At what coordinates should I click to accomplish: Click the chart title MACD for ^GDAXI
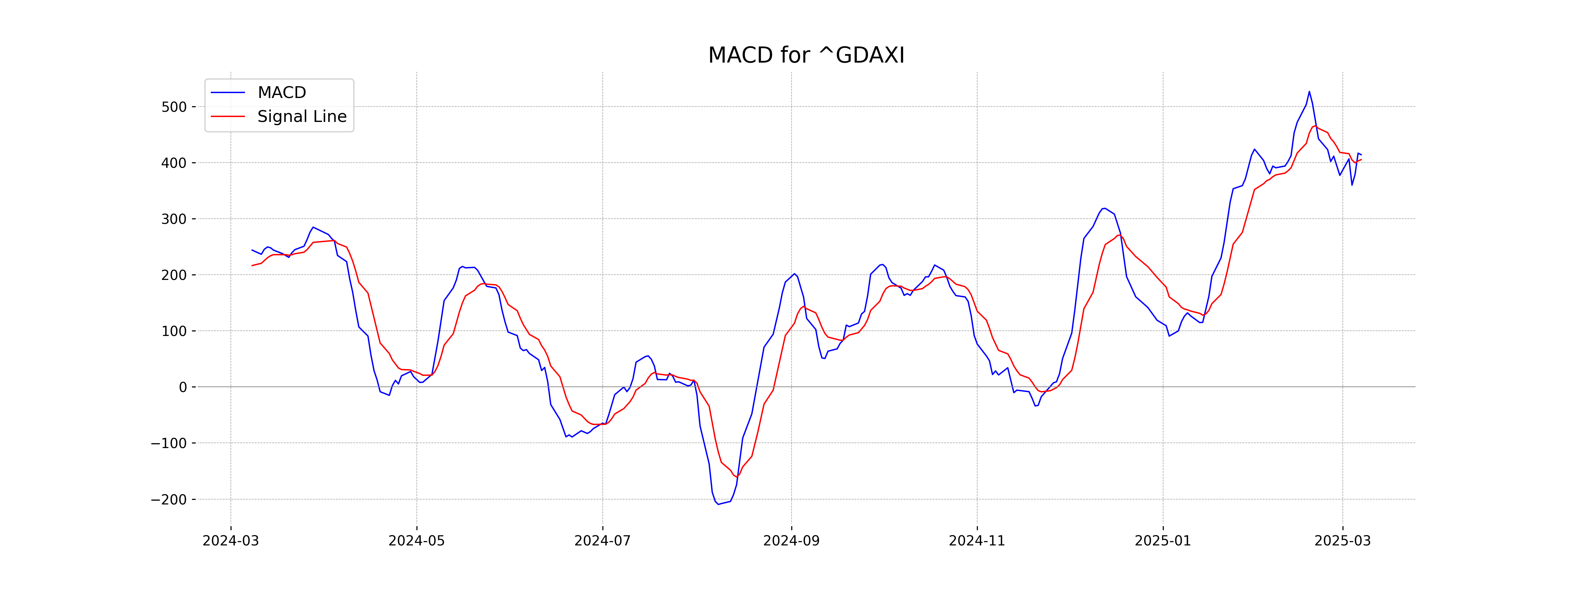point(806,56)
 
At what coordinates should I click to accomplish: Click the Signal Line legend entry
point(301,117)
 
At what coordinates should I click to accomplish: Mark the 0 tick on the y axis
point(183,387)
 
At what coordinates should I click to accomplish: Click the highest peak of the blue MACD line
point(1309,92)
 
